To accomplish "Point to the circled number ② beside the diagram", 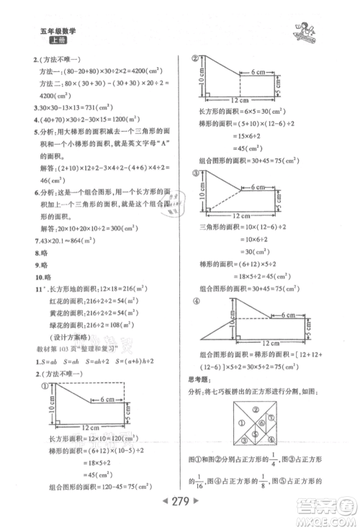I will [x=193, y=60].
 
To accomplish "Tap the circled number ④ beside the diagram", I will [x=193, y=303].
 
